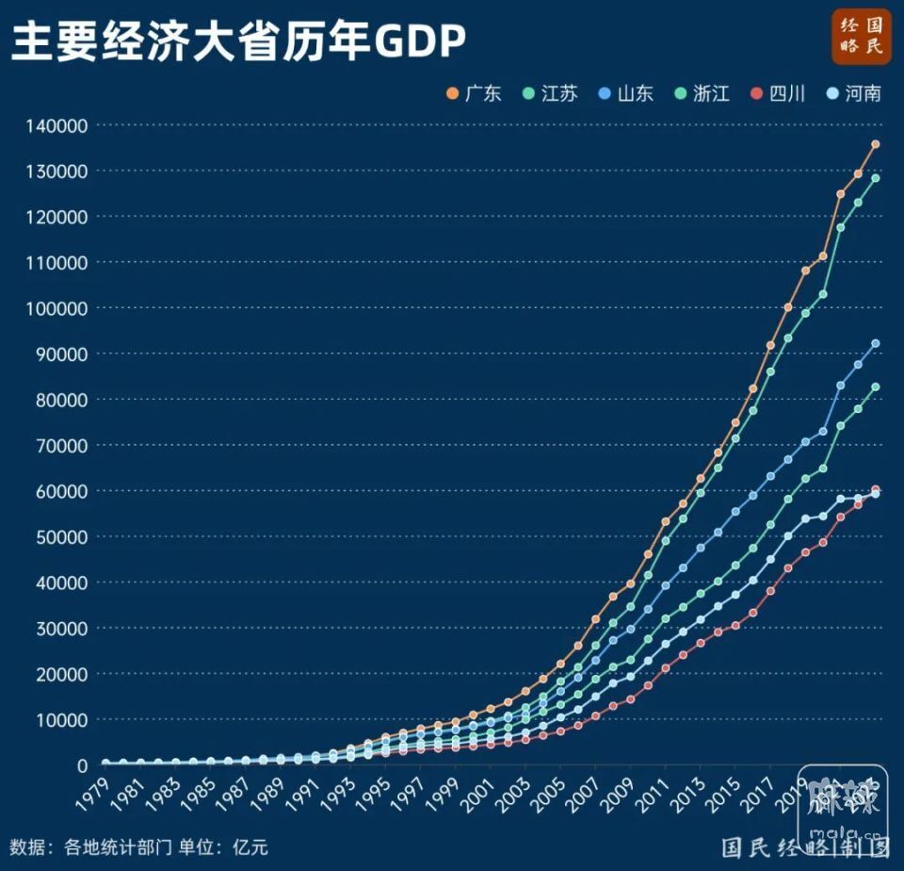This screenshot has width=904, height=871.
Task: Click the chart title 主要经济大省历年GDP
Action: point(237,41)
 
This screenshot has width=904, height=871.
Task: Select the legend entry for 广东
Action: point(475,93)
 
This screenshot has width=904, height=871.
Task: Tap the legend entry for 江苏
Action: point(550,93)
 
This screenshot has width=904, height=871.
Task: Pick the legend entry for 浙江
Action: point(702,93)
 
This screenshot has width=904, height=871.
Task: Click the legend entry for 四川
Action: point(778,93)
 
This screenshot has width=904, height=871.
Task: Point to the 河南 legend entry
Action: point(853,93)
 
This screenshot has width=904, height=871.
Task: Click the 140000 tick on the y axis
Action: point(56,125)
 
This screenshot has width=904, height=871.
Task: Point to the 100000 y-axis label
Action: point(56,308)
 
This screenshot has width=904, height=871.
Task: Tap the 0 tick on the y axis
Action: point(82,765)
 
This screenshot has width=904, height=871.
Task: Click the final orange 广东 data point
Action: point(875,144)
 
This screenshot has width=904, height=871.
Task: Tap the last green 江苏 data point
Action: point(875,178)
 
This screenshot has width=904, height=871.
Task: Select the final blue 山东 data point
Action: point(875,343)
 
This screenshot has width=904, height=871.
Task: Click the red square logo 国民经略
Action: point(861,38)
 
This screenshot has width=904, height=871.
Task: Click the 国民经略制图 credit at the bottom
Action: point(805,846)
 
